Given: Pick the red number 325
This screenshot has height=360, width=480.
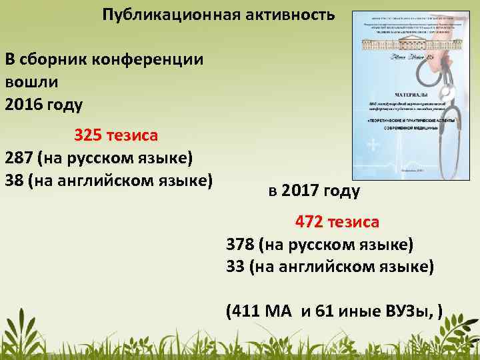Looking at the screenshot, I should pos(87,136).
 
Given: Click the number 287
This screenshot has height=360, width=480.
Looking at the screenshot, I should pos(19,158).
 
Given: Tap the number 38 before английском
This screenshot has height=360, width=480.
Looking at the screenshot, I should pos(13,180).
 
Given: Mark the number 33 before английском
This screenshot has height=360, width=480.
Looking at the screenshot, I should pos(235,267).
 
